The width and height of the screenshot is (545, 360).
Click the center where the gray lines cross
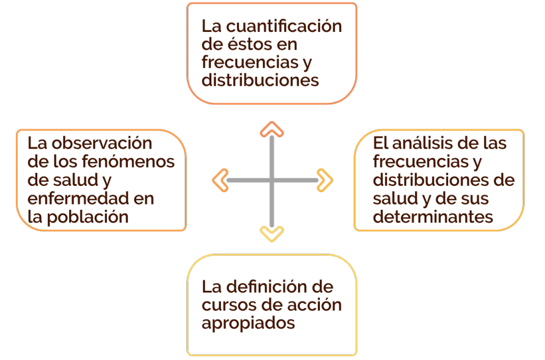point(272,180)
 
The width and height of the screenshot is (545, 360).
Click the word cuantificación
point(284,27)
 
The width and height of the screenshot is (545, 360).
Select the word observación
point(102,143)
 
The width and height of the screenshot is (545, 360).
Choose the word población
point(88,218)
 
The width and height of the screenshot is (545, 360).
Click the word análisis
point(425,143)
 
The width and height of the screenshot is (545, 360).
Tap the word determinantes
point(433,217)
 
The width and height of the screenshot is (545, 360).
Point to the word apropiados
point(248,323)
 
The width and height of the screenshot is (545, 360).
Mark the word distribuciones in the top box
point(260,80)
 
